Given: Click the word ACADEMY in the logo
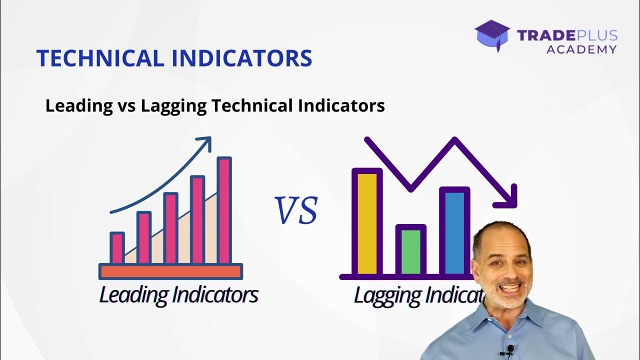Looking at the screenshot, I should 581,49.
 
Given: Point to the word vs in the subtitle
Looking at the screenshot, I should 126,106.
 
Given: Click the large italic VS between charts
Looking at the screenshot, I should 296,210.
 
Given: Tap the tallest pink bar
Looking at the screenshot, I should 224,210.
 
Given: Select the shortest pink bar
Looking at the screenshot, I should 117,247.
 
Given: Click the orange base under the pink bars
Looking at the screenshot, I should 170,271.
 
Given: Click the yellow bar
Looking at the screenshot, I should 367,223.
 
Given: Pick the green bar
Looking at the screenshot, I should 411,251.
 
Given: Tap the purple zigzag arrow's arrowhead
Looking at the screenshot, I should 509,198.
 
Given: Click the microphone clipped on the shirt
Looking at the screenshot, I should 510,348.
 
